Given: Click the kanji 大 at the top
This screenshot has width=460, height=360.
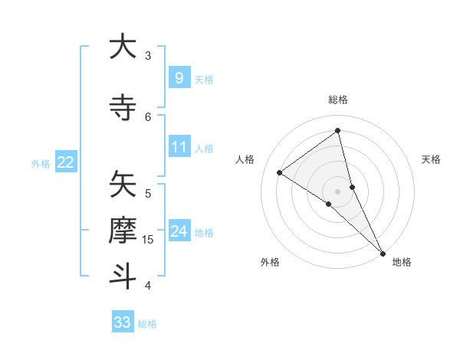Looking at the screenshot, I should coord(123,47).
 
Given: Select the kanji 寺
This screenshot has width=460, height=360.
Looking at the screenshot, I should coord(123,106).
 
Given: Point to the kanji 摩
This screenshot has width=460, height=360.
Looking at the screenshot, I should coord(123,230).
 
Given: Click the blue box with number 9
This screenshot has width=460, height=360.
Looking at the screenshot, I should coord(179,78).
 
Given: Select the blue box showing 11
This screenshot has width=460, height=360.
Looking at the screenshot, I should coord(179,147).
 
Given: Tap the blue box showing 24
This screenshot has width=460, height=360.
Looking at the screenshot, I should coord(179,231).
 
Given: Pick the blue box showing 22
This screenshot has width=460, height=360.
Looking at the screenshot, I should coord(66,162).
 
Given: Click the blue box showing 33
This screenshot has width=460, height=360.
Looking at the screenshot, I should coord(123,322).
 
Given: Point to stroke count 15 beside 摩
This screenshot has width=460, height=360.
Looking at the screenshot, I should coord(149,240).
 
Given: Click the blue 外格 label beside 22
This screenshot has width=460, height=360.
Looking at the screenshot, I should coord(41,163).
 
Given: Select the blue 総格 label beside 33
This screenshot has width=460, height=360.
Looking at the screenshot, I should coord(148,324).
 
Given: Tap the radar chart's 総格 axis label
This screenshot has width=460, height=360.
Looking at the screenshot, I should coord(338,100).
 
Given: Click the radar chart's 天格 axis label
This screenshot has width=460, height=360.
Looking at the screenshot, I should coord(432,159).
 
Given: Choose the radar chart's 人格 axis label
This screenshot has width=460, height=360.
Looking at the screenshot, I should coord(245,159).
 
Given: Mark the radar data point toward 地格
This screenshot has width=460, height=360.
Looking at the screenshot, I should coord(383,252).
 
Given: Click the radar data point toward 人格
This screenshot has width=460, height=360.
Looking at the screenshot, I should coord(279,172).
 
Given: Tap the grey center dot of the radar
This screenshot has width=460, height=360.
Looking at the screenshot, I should coord(338,191).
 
